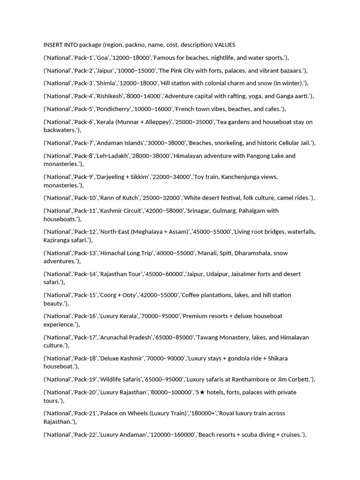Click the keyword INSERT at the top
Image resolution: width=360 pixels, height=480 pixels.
pyautogui.click(x=53, y=45)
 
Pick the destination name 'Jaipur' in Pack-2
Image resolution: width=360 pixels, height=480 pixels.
pyautogui.click(x=106, y=71)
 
